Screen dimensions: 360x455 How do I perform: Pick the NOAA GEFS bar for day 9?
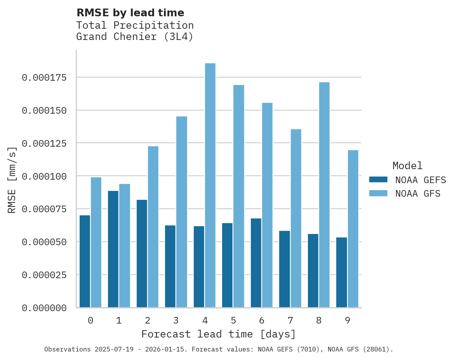pyautogui.click(x=342, y=272)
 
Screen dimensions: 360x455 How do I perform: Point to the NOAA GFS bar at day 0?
pyautogui.click(x=96, y=242)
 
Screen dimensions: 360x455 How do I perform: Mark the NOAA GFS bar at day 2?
pyautogui.click(x=153, y=227)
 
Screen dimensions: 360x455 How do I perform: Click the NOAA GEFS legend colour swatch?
pyautogui.click(x=378, y=180)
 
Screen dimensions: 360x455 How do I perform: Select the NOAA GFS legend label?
pyautogui.click(x=418, y=194)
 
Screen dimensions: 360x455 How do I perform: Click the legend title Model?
pyautogui.click(x=407, y=166)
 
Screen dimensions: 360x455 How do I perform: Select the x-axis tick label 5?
pyautogui.click(x=233, y=320)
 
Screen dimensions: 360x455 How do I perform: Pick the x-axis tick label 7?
pyautogui.click(x=290, y=320)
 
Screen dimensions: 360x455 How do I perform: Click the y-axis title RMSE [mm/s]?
pyautogui.click(x=12, y=180)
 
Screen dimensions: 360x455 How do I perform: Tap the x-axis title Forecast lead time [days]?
pyautogui.click(x=219, y=334)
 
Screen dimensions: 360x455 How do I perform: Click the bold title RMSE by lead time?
pyautogui.click(x=130, y=13)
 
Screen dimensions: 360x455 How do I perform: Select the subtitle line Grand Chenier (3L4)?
pyautogui.click(x=135, y=37)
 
